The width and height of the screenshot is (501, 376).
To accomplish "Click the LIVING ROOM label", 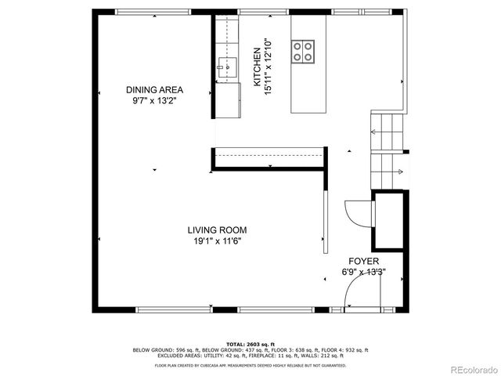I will point(217,230).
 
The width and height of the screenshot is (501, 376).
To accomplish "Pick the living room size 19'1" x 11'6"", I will point(217,241).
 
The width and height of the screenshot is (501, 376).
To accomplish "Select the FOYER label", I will point(364,262).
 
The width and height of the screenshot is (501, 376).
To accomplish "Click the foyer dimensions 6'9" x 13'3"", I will point(364,273).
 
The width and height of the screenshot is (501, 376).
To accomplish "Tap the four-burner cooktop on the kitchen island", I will point(304,51).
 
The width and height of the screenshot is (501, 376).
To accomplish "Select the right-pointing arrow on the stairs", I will point(398,172).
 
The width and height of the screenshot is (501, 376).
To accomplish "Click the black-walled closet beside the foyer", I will point(388,219).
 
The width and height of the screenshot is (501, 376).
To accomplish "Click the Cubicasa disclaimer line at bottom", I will point(250,364).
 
